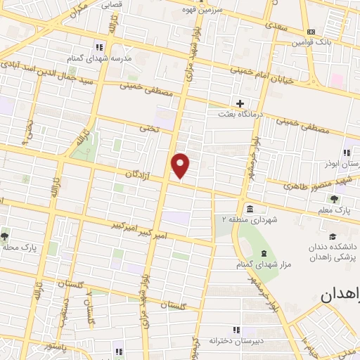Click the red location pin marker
pyautogui.click(x=181, y=165)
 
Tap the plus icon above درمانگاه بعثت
pyautogui.click(x=240, y=103)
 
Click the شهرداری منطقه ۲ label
pyautogui.click(x=251, y=219)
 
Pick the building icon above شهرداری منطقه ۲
pyautogui.click(x=250, y=208)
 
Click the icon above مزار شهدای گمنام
pyautogui.click(x=264, y=253)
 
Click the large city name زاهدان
pyautogui.click(x=340, y=296)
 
